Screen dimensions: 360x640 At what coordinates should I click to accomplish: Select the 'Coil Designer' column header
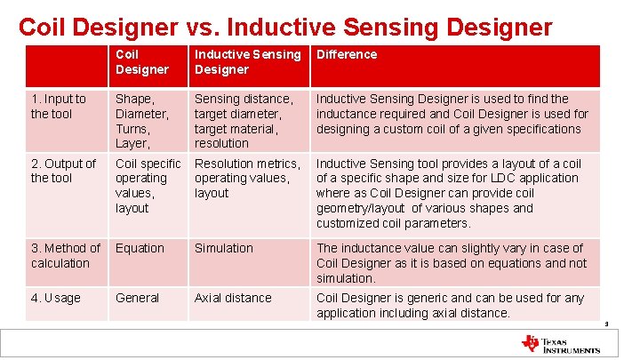(x=141, y=61)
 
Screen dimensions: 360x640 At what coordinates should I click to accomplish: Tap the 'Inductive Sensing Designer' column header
(x=247, y=61)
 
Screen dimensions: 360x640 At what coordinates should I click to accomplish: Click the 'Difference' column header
(x=347, y=54)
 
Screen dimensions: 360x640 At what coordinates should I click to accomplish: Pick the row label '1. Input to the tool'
(x=59, y=106)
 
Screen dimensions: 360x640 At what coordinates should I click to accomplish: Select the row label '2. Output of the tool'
(x=63, y=171)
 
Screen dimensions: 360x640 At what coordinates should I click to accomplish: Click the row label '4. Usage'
(x=55, y=298)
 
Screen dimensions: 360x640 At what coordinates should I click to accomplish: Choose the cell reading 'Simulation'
(x=224, y=248)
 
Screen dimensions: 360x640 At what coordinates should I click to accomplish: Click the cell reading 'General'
(x=137, y=298)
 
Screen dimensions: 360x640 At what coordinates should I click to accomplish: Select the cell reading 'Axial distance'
(x=233, y=298)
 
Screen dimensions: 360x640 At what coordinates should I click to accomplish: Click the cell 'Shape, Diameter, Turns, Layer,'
(x=141, y=121)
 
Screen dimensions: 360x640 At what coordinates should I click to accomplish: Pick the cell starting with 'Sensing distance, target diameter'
(x=244, y=121)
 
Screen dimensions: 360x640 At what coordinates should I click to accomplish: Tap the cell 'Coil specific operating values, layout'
(x=148, y=186)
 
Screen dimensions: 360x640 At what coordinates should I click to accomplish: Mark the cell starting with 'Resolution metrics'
(x=246, y=178)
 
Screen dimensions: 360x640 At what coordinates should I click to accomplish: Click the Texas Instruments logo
(x=561, y=344)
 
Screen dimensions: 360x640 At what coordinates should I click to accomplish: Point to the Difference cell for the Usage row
(x=451, y=305)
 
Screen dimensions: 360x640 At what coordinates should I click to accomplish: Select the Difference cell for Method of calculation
(x=452, y=263)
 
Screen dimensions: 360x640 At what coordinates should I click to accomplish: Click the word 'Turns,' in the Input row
(x=133, y=128)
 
